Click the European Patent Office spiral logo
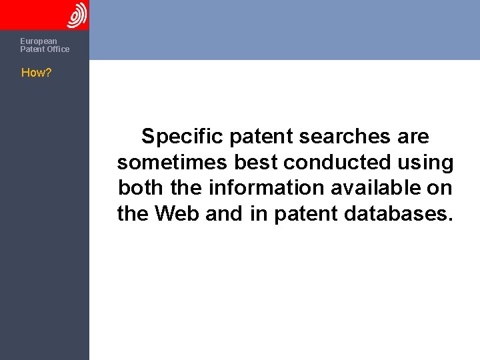77,15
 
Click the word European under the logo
39,41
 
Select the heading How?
37,73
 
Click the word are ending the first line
413,137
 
